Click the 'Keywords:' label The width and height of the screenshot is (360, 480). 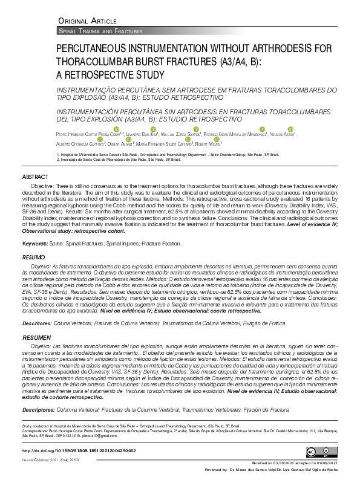pos(35,243)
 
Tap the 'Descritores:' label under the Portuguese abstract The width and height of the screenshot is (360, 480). pos(37,323)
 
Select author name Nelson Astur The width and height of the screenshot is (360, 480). pos(281,134)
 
